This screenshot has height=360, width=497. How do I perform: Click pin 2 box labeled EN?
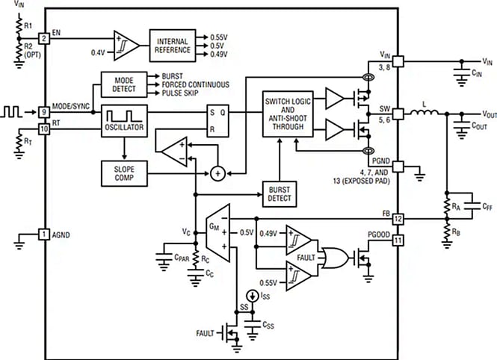(44, 37)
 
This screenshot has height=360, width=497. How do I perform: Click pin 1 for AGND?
(44, 235)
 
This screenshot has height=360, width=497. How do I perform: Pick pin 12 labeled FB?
(398, 219)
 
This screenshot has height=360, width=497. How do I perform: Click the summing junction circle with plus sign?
(217, 173)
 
